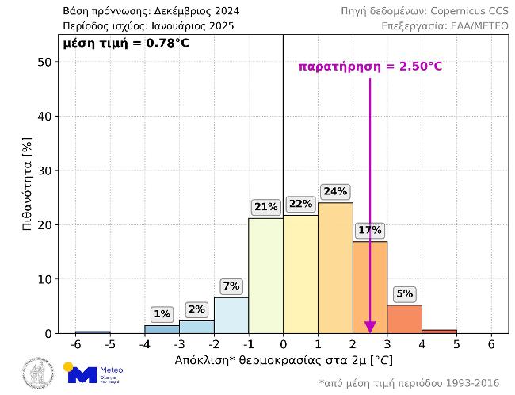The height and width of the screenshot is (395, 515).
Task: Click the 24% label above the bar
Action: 335,191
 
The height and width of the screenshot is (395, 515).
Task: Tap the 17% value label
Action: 370,231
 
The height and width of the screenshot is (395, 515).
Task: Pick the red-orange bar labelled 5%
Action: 404,319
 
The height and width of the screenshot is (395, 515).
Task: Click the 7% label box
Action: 231,286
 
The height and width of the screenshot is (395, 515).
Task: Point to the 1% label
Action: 162,314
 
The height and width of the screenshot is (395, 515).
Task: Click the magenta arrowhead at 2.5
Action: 370,328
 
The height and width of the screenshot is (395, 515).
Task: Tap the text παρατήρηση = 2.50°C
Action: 370,67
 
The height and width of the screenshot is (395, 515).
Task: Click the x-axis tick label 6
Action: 491,346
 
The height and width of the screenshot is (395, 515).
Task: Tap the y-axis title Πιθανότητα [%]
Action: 27,185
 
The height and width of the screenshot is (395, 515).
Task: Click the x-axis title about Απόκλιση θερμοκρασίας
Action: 283,360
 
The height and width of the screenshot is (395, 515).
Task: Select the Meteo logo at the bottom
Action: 94,374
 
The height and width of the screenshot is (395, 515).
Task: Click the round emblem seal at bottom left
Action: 36,374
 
